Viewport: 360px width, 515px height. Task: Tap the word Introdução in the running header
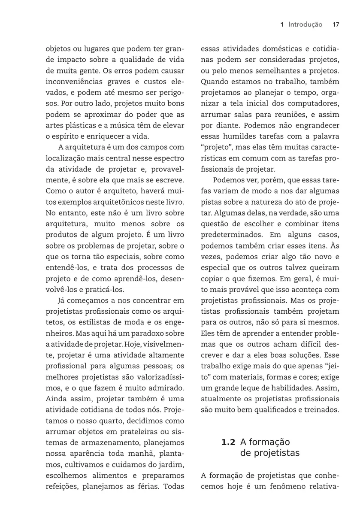305,25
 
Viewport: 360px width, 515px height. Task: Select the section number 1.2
228,442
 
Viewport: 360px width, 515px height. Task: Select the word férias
148,487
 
